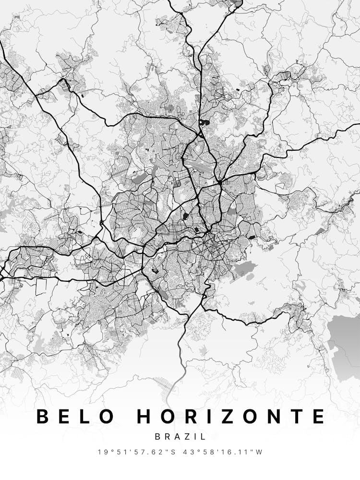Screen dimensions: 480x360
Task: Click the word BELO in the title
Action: pyautogui.click(x=76, y=416)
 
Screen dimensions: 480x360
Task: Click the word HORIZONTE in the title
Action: pyautogui.click(x=231, y=416)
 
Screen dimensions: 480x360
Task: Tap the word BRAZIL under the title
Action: pyautogui.click(x=180, y=437)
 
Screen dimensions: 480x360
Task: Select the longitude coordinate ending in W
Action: pyautogui.click(x=226, y=452)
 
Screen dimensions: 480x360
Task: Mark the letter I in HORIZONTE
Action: pyautogui.click(x=217, y=416)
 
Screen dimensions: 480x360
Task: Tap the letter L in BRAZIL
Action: pyautogui.click(x=204, y=437)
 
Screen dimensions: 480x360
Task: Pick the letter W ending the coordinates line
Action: pyautogui.click(x=259, y=452)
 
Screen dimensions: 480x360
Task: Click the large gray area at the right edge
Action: pyautogui.click(x=345, y=343)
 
